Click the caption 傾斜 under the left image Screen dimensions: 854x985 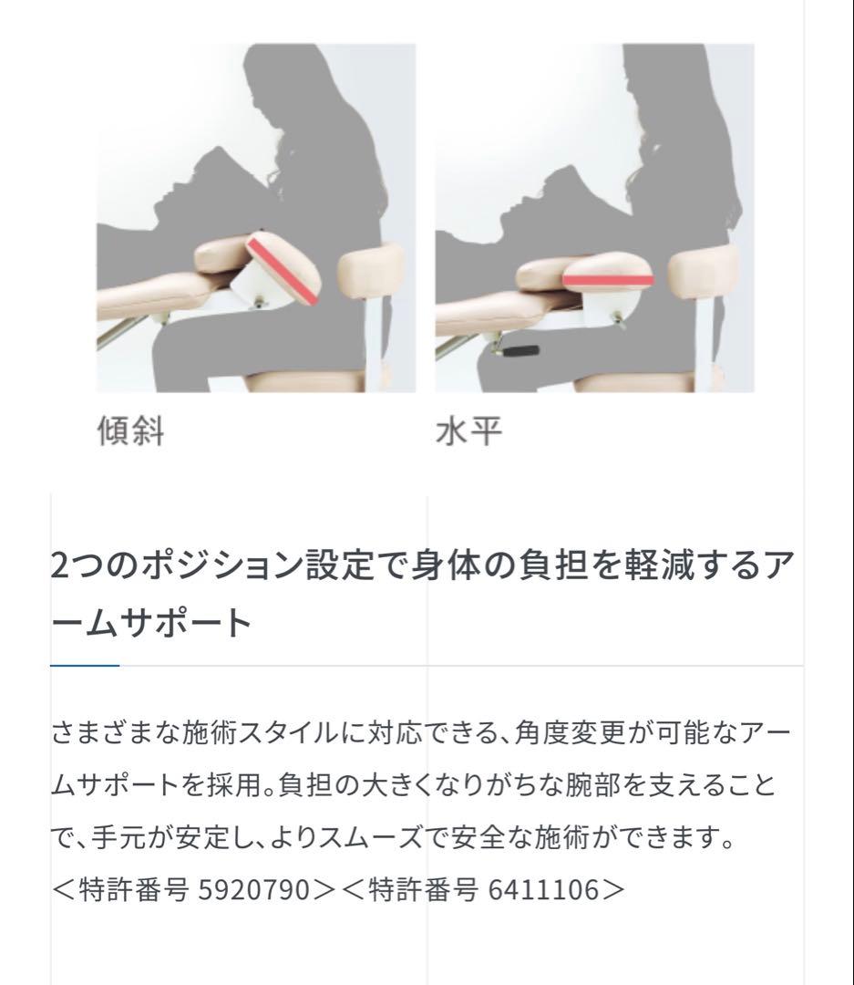(130, 430)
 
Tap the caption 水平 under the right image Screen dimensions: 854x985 (469, 430)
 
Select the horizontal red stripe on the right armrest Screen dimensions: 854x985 (608, 280)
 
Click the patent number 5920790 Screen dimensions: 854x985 (254, 889)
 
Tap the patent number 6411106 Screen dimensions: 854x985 (543, 889)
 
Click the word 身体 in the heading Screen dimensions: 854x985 (447, 565)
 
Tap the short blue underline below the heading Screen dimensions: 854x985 (85, 665)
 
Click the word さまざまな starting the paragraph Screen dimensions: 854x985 (116, 732)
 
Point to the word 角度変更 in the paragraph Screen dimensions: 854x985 (571, 732)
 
